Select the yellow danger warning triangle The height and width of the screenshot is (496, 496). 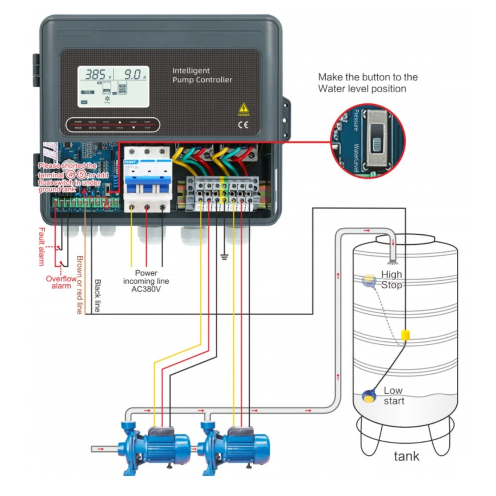243,109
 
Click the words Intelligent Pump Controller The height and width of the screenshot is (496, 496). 202,75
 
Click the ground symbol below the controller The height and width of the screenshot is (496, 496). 224,257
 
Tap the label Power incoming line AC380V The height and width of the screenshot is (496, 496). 146,281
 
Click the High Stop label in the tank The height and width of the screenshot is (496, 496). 391,280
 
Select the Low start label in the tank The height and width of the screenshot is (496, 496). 393,396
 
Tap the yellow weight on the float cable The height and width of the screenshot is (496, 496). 405,334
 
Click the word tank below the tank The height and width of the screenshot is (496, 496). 406,456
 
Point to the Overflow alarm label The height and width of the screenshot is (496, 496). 61,282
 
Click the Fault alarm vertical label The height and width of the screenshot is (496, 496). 41,246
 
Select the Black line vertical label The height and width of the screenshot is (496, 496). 98,296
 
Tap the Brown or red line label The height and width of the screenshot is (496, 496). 79,285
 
